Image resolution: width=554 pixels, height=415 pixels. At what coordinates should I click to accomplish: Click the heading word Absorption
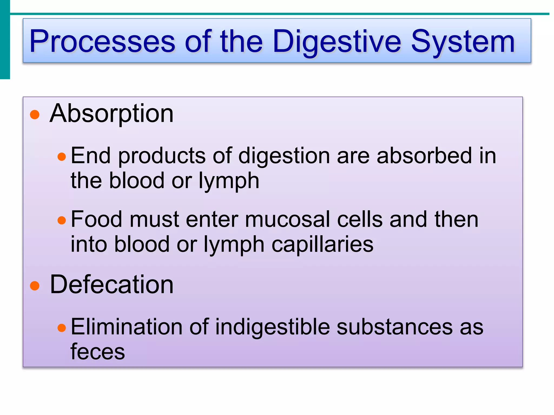click(111, 114)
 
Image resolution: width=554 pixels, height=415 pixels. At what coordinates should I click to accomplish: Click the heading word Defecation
click(111, 285)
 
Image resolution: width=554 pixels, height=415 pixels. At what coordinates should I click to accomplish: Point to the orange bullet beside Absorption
click(35, 115)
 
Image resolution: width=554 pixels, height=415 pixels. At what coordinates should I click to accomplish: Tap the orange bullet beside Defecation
click(35, 286)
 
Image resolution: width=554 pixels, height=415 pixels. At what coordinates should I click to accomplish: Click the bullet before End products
click(62, 157)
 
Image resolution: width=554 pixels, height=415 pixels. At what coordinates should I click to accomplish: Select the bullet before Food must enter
click(62, 220)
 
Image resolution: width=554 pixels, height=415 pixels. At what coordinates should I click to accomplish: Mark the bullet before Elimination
click(62, 328)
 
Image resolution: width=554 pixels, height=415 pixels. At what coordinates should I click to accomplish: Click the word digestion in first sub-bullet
click(284, 156)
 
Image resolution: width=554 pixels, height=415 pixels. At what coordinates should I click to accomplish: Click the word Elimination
click(126, 327)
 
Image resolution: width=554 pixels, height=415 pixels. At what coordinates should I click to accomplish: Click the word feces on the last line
click(97, 352)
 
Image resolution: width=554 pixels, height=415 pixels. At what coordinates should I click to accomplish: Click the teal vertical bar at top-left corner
click(5, 39)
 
